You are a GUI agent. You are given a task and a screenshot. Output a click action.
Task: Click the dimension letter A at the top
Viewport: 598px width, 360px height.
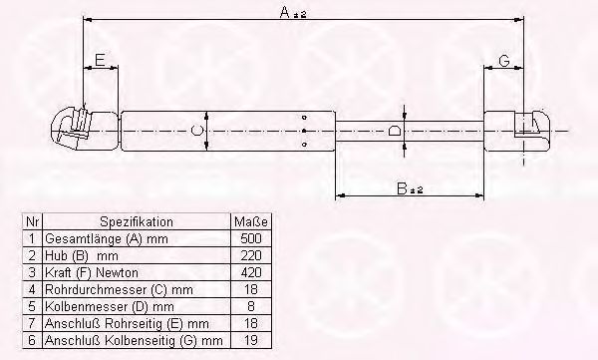[x=285, y=12]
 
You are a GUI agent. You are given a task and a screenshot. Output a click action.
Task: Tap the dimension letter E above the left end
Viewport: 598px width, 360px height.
[x=100, y=60]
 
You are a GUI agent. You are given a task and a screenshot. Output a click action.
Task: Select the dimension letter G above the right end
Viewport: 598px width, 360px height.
[x=503, y=60]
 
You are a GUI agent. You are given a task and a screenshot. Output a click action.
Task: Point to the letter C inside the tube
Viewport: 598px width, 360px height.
[x=196, y=131]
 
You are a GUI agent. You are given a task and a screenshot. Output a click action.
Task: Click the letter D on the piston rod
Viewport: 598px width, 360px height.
[x=395, y=132]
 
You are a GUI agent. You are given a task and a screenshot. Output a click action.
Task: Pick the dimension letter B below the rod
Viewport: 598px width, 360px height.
[x=402, y=188]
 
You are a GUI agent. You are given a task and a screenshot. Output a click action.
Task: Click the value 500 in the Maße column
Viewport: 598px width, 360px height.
[x=251, y=238]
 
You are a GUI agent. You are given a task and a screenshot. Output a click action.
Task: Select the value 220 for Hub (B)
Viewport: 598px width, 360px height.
[x=251, y=255]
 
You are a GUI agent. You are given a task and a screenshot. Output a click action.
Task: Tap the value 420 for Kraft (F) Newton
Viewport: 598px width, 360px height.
[x=251, y=272]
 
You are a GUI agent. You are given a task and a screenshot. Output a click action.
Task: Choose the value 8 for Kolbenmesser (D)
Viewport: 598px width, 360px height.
[x=251, y=306]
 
